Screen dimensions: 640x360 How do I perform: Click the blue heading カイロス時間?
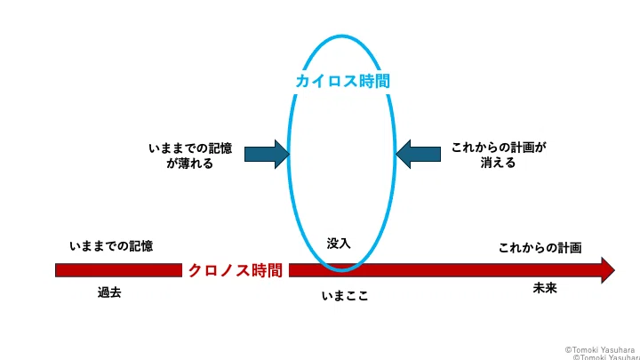click(x=342, y=81)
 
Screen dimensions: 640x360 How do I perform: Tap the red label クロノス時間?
click(x=235, y=270)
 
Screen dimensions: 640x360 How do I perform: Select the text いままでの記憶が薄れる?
click(x=190, y=156)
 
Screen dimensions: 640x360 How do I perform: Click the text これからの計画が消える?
click(x=499, y=155)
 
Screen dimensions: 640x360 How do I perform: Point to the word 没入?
click(x=339, y=244)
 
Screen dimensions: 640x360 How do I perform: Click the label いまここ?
click(x=345, y=295)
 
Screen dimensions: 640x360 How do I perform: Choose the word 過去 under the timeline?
click(x=109, y=292)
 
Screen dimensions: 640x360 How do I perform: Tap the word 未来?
click(x=545, y=288)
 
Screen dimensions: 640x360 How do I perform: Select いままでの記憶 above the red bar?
click(x=111, y=246)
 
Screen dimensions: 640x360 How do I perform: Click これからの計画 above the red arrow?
click(x=540, y=248)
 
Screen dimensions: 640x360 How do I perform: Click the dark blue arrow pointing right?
click(x=267, y=155)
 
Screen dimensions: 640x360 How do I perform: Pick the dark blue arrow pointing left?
click(x=418, y=155)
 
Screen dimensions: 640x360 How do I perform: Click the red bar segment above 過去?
click(x=118, y=270)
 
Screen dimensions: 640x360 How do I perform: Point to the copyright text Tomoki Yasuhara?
click(x=600, y=350)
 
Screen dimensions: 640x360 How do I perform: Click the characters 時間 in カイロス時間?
click(x=374, y=81)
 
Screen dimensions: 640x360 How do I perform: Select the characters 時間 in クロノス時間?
click(x=267, y=270)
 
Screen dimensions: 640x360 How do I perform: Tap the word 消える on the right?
click(x=498, y=163)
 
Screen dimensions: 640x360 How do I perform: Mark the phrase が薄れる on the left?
click(x=190, y=164)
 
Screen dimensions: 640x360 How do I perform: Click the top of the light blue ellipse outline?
click(x=341, y=36)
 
